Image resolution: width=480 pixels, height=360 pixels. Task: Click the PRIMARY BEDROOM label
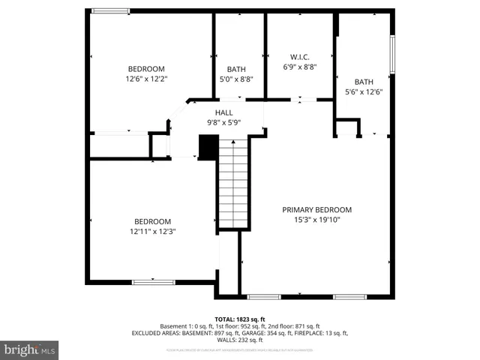pyautogui.click(x=316, y=210)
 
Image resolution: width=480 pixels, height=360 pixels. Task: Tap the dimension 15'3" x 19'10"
pyautogui.click(x=316, y=220)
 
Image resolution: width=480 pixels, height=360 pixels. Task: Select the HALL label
pyautogui.click(x=224, y=112)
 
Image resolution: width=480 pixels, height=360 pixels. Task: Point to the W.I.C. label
pyautogui.click(x=300, y=57)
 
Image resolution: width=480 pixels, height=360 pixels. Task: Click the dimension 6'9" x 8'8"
pyautogui.click(x=300, y=67)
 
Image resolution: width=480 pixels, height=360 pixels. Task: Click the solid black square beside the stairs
pyautogui.click(x=207, y=146)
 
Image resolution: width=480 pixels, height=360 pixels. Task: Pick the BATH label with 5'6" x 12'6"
pyautogui.click(x=364, y=82)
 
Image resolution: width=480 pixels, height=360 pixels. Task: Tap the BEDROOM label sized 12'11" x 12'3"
pyautogui.click(x=153, y=221)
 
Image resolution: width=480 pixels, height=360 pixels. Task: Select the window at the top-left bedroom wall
pyautogui.click(x=111, y=10)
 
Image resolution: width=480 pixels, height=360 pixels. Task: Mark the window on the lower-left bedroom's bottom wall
pyautogui.click(x=153, y=282)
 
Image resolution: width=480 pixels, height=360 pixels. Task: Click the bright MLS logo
pyautogui.click(x=29, y=349)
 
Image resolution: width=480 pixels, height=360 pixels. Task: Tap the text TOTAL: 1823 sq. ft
pyautogui.click(x=240, y=319)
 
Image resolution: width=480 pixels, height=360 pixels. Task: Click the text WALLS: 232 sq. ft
pyautogui.click(x=240, y=340)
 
